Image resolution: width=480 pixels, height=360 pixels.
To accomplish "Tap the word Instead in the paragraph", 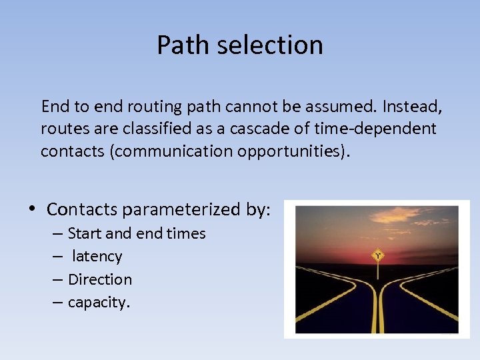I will (x=411, y=106).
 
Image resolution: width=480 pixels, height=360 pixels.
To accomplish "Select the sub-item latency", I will (x=97, y=257).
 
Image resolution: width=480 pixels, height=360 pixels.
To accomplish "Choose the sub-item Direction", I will (x=100, y=279).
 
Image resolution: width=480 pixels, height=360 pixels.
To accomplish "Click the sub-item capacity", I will (x=99, y=303).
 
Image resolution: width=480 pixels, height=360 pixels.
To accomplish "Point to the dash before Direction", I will (x=59, y=279).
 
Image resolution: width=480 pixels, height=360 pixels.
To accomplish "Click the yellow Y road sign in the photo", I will (x=377, y=255).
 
